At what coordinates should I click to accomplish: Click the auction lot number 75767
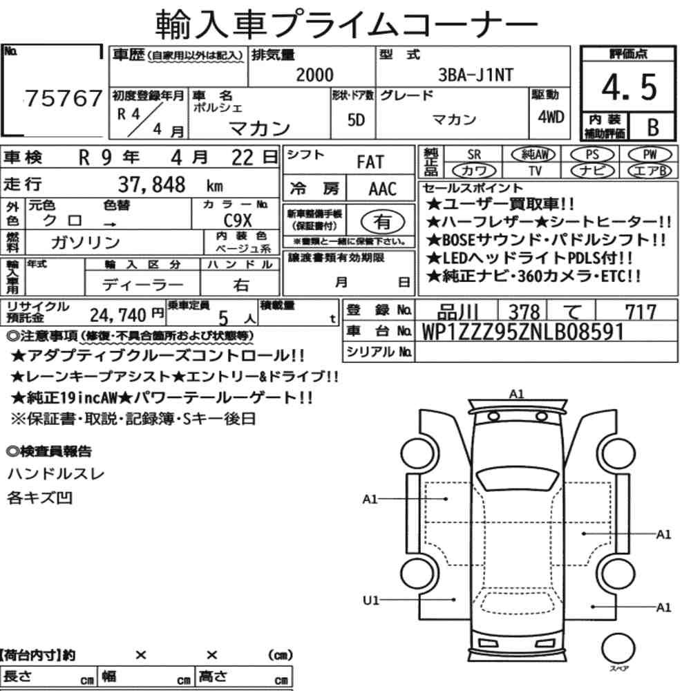64,98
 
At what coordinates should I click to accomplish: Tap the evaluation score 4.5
629,87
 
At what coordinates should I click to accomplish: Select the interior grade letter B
653,127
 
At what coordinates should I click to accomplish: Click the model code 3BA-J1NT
475,75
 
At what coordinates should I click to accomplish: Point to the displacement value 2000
314,75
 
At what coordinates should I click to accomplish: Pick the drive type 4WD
551,117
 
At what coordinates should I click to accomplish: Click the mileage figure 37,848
151,184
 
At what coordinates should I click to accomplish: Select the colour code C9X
238,220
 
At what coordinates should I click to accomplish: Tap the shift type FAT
370,162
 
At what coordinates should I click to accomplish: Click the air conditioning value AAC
382,189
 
